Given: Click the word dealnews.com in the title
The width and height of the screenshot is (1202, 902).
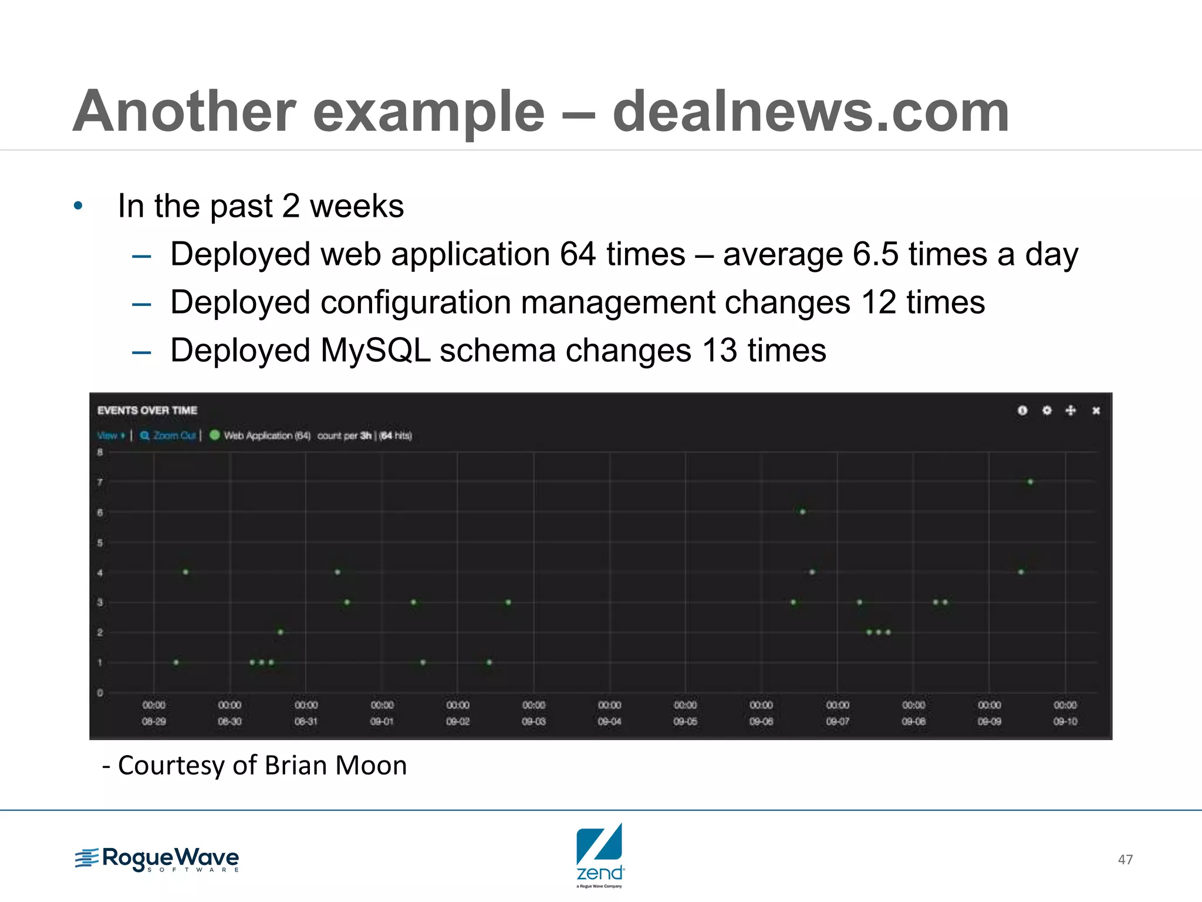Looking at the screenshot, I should point(811,112).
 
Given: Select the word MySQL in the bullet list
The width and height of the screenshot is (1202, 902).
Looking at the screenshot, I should point(376,351).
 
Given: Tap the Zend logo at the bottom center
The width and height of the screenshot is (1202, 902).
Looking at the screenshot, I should point(600,854).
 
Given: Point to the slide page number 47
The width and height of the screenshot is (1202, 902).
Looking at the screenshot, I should point(1125,860).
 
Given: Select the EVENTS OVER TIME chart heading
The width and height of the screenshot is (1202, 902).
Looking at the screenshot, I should point(147,410).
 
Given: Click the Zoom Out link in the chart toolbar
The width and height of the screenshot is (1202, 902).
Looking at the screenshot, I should point(169,436).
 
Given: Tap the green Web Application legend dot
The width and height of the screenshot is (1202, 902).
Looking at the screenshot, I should point(215,435).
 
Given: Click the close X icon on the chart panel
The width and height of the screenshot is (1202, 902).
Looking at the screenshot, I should point(1096,410).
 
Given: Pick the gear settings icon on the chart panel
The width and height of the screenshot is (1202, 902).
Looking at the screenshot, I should point(1046,410).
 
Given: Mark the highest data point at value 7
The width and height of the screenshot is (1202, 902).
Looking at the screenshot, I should point(1030,482).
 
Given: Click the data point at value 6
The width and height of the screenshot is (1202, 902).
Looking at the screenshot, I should point(802,512).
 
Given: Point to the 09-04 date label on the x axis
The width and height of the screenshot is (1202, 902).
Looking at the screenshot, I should point(609,722).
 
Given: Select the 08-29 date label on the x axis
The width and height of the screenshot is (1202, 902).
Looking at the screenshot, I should point(154,722).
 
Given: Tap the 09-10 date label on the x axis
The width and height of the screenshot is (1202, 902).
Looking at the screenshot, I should point(1065,722).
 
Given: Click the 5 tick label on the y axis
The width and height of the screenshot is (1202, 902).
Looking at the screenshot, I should point(100,543).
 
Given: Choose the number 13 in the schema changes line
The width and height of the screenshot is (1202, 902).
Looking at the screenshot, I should point(719,351).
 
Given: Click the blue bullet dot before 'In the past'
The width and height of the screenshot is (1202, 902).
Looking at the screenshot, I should point(78,206).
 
